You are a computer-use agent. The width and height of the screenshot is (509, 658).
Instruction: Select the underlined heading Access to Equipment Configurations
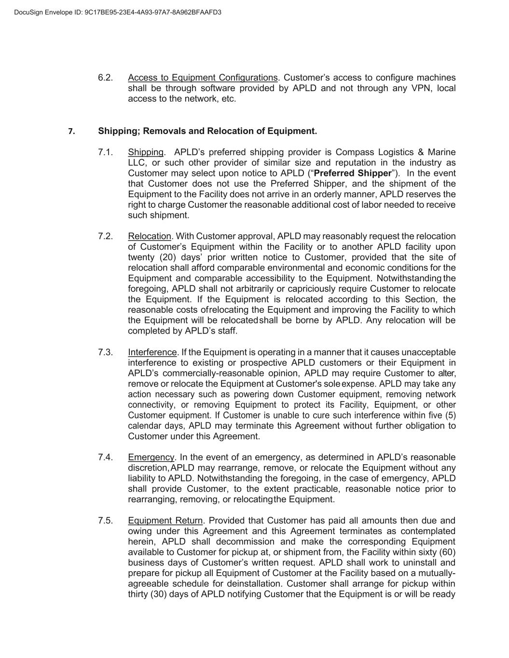click(x=203, y=78)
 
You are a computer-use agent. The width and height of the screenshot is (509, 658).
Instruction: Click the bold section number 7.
click(x=71, y=132)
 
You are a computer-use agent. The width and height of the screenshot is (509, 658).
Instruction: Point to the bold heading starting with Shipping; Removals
click(x=207, y=131)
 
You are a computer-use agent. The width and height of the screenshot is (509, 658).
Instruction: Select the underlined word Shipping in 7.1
click(x=146, y=152)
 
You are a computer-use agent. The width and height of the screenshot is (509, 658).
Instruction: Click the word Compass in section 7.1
click(x=353, y=152)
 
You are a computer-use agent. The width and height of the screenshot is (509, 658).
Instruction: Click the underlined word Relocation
click(x=150, y=236)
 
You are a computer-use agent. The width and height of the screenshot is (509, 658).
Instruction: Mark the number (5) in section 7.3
click(x=450, y=416)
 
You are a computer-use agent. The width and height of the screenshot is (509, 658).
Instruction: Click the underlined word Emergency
click(x=151, y=457)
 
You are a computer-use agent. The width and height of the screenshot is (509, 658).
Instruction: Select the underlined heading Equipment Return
click(x=165, y=521)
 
